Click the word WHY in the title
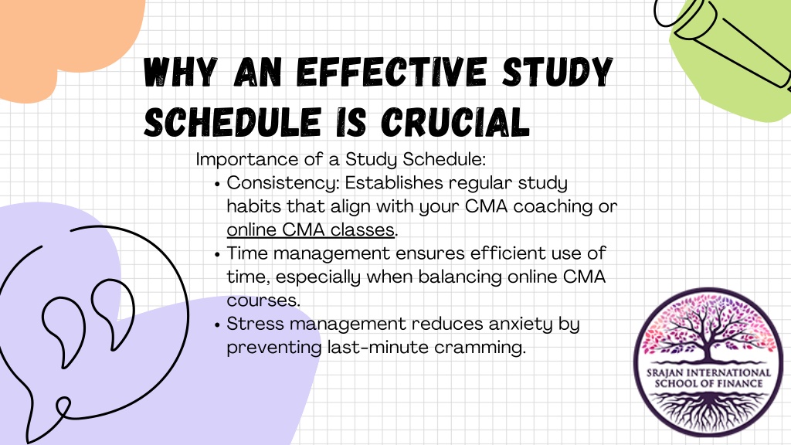tap(180, 72)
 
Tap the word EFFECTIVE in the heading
tap(392, 72)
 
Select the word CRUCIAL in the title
tap(455, 122)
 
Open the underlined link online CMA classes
tap(311, 230)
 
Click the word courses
tap(262, 301)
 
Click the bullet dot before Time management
tap(217, 254)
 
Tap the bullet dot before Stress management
tap(217, 325)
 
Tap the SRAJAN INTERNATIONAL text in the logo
tap(708, 373)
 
